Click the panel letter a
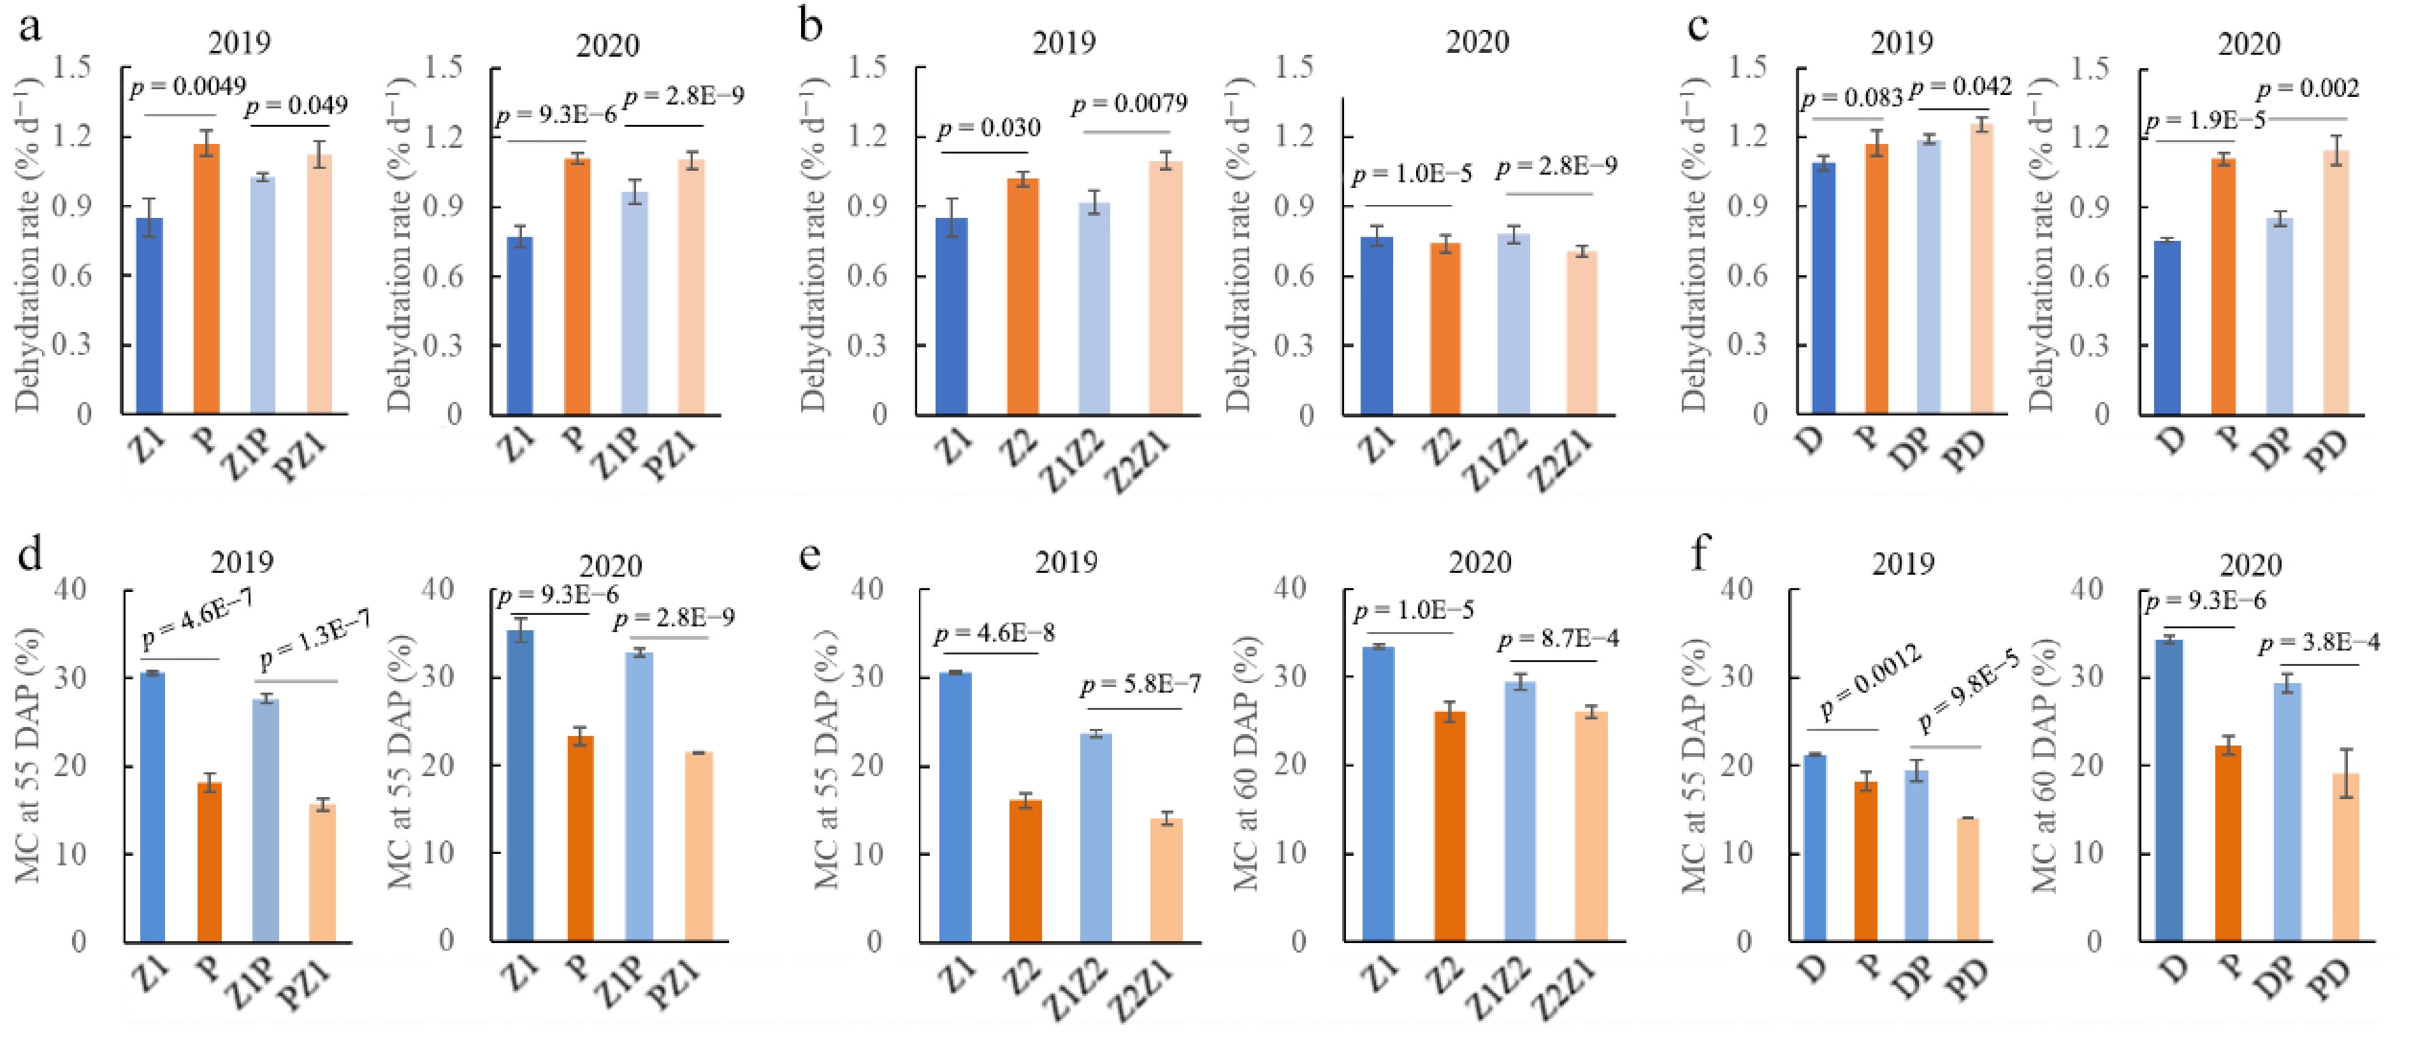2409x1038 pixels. tap(30, 26)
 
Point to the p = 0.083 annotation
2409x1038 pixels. tap(1853, 97)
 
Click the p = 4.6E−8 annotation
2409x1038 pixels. tap(994, 634)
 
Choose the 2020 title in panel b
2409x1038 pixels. tap(1477, 42)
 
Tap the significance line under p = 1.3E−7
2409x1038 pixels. tap(296, 681)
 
